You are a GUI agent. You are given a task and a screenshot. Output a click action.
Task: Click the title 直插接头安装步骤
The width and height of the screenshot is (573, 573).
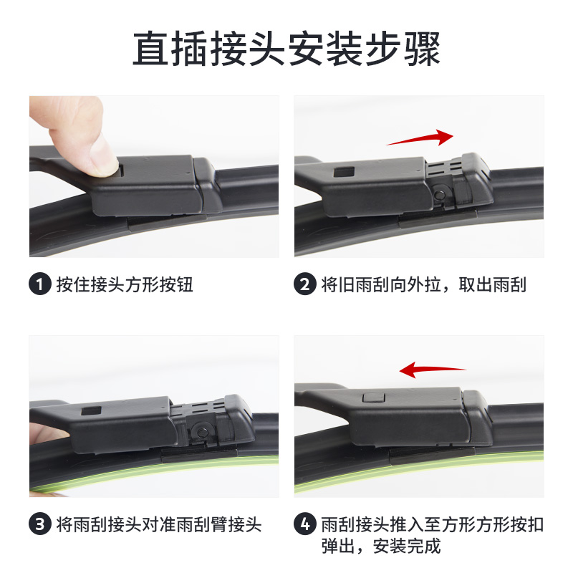(x=286, y=48)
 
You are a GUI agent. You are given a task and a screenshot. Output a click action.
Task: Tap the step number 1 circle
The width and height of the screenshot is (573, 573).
(x=40, y=285)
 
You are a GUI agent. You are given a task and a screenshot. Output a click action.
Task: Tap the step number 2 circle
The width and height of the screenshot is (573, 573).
(x=305, y=285)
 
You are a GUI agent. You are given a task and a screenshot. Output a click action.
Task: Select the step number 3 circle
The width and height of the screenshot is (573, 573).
(x=40, y=525)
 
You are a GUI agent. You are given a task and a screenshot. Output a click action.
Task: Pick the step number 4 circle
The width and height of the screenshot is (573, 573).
(x=305, y=525)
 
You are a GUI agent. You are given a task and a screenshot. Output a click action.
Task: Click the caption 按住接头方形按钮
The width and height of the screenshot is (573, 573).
(x=125, y=285)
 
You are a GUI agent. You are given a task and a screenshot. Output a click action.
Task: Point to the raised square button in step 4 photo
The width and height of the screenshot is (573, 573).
(x=373, y=398)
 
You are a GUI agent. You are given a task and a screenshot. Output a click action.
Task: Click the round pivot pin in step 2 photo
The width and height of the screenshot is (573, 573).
(x=440, y=193)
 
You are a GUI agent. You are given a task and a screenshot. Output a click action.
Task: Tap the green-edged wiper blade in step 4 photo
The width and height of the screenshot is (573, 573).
(x=430, y=466)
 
